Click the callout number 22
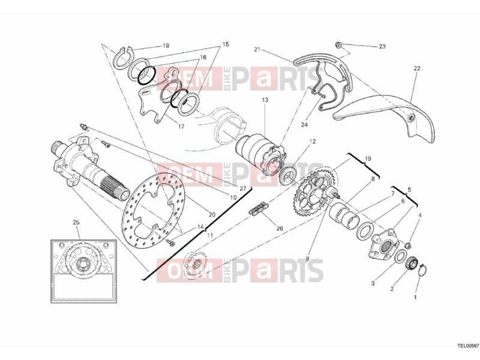417,68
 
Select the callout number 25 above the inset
76,223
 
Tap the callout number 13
265,100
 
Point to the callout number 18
166,46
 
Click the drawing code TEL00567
468,346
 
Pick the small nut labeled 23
338,44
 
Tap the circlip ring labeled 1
422,269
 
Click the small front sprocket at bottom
196,265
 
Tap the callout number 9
307,259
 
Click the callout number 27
243,188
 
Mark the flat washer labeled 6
365,230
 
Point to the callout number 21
257,49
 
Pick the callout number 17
181,126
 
